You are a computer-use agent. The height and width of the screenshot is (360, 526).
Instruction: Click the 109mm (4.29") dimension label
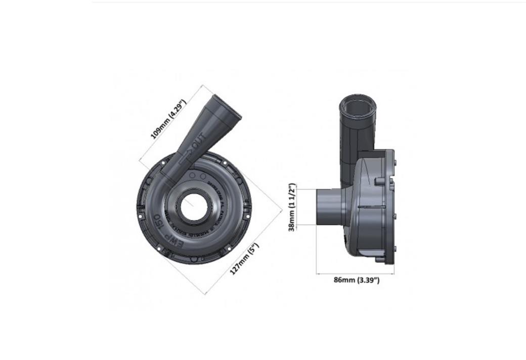click(x=169, y=119)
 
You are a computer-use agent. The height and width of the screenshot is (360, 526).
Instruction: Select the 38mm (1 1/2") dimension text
click(x=292, y=207)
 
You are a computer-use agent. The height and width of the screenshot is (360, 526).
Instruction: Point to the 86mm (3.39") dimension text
click(x=356, y=280)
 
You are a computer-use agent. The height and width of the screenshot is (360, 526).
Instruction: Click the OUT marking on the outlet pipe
click(x=199, y=139)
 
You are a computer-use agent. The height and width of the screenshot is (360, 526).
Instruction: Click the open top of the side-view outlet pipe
click(x=357, y=103)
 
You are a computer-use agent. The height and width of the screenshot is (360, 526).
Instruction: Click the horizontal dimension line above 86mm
click(x=355, y=274)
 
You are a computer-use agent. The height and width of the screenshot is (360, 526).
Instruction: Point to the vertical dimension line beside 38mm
click(x=298, y=207)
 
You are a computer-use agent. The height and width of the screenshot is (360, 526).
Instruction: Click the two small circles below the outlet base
click(x=197, y=175)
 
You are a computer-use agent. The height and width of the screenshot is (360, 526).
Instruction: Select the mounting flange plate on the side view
click(x=389, y=207)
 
